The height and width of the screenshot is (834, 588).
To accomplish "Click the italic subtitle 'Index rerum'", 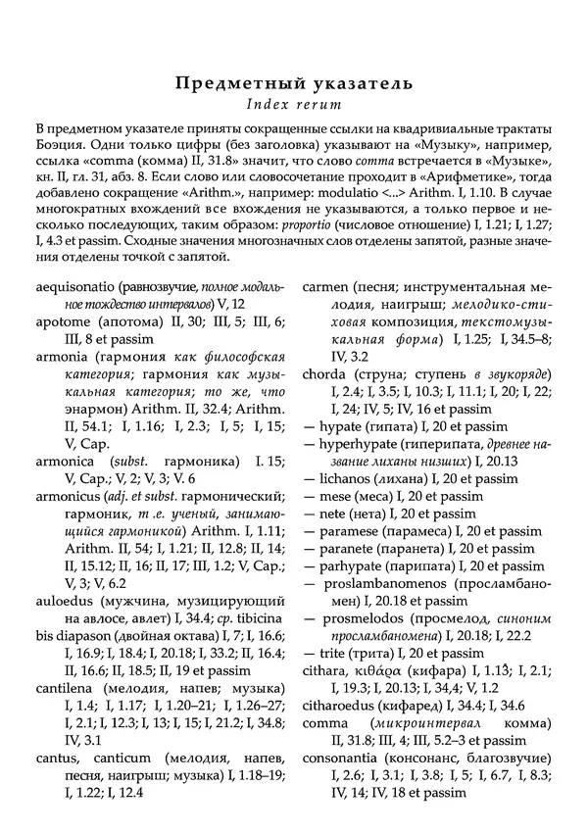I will [x=294, y=106].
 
